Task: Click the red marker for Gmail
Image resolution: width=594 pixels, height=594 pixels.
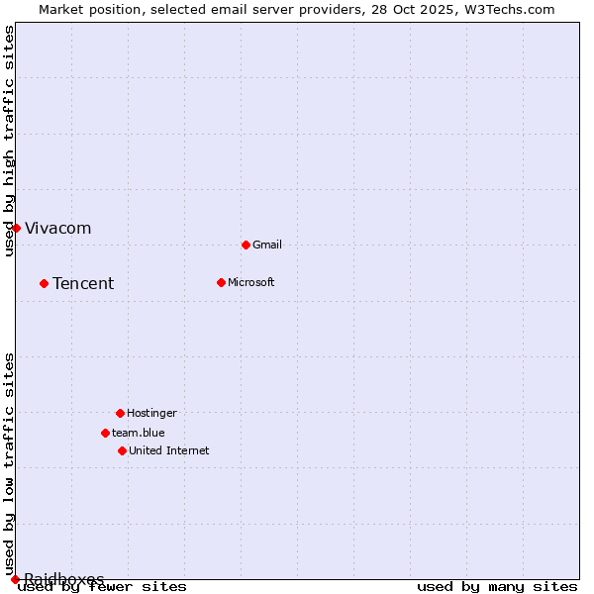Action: pos(246,245)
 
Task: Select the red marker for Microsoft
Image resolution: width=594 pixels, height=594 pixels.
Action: pos(221,282)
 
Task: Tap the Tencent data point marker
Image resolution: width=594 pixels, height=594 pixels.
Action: pos(44,283)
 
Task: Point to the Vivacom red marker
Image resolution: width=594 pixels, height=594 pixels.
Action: pos(16,228)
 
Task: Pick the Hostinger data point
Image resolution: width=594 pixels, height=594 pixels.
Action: pos(120,413)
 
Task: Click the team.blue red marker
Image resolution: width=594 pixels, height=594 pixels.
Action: pos(105,433)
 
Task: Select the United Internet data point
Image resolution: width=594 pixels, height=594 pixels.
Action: pos(122,450)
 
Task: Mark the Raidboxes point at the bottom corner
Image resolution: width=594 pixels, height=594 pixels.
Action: pos(15,579)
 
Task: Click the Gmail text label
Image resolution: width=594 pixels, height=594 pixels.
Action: pos(267,245)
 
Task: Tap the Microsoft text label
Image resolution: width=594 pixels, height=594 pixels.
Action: pos(251,282)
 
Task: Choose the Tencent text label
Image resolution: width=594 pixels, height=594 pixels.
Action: pos(83,284)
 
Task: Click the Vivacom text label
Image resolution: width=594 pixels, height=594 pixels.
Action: pos(57,229)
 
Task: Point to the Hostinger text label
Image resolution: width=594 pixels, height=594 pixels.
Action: pos(151,413)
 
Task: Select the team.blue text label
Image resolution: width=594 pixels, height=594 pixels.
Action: pos(139,433)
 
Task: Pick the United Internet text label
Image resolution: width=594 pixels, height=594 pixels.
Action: pos(169,450)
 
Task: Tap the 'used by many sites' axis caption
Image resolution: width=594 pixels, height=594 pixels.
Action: pos(496,587)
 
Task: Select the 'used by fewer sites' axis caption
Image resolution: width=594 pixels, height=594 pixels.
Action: pos(102,587)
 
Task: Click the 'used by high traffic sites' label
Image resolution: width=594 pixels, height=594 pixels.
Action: pos(9,141)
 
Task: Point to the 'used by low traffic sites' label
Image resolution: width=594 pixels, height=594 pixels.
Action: pos(9,463)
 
